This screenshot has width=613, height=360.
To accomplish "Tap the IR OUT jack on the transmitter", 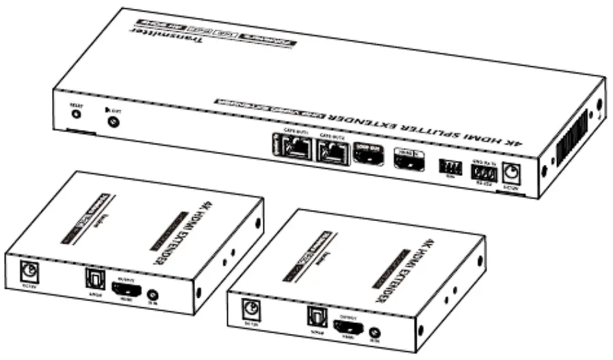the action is [113, 123].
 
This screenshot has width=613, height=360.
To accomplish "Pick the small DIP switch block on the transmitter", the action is [449, 168].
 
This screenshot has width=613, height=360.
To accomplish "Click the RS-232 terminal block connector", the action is [482, 172].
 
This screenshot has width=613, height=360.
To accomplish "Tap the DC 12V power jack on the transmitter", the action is [512, 175].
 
